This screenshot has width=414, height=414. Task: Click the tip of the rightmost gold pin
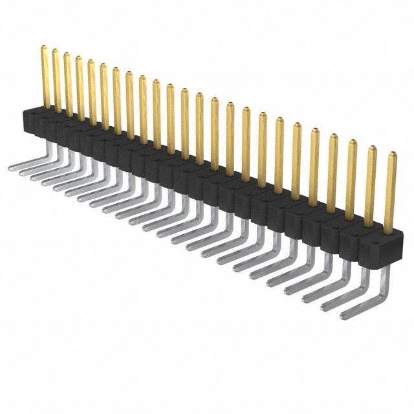(391, 155)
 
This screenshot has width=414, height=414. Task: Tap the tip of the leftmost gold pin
(44, 48)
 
